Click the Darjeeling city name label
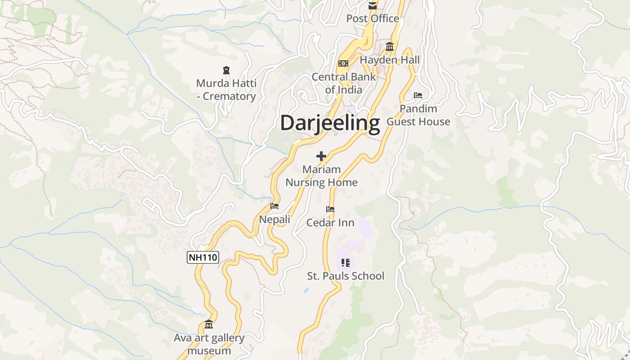click(x=330, y=123)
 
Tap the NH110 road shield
click(x=202, y=257)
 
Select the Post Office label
click(x=373, y=18)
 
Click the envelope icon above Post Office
click(x=373, y=6)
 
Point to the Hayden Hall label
click(x=389, y=60)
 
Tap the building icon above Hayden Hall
click(x=390, y=47)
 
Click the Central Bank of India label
click(x=344, y=83)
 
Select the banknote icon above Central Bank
click(x=343, y=63)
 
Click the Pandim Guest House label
click(x=418, y=115)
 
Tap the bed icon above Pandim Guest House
click(x=418, y=95)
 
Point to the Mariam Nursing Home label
click(x=321, y=176)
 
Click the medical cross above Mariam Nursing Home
click(x=321, y=156)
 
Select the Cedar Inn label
click(x=330, y=223)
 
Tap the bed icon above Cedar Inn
click(x=330, y=209)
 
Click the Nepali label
click(x=274, y=220)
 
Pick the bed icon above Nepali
click(x=274, y=206)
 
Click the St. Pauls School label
click(x=346, y=276)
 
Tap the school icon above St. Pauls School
click(x=345, y=262)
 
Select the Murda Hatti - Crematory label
click(x=226, y=90)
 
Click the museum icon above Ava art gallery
click(x=209, y=324)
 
